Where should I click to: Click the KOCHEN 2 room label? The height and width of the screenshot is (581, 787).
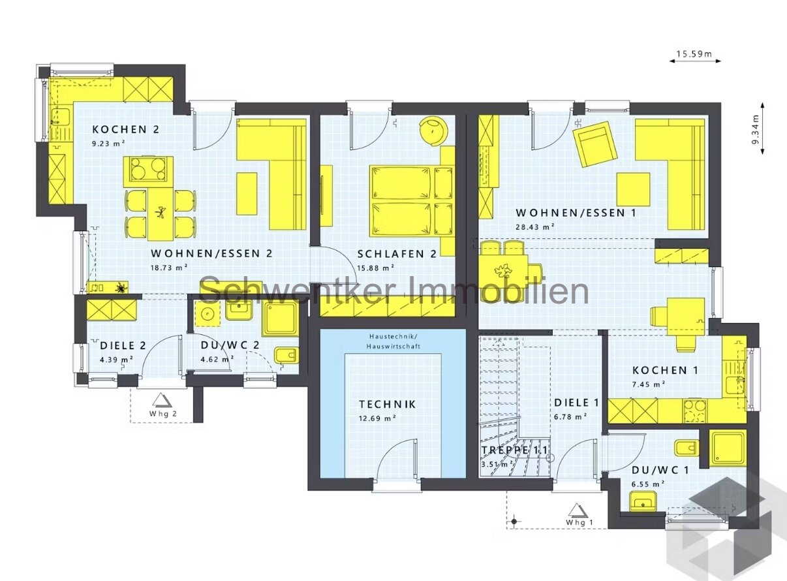[x=125, y=129]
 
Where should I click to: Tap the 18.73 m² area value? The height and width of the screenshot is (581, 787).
[x=169, y=267]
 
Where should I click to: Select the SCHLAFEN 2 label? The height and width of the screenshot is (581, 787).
[x=397, y=255]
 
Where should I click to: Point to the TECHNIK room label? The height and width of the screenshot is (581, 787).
[x=387, y=405]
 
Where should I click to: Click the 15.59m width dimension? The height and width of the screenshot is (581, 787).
[x=694, y=54]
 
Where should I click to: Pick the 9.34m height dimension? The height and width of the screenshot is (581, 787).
[x=755, y=133]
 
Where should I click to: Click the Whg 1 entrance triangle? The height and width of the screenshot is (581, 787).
[x=575, y=509]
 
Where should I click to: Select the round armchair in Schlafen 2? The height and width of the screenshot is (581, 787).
[x=433, y=129]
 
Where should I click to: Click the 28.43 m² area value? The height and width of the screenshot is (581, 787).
[x=534, y=226]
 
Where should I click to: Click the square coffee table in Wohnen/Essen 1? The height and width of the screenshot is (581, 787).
[x=634, y=189]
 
